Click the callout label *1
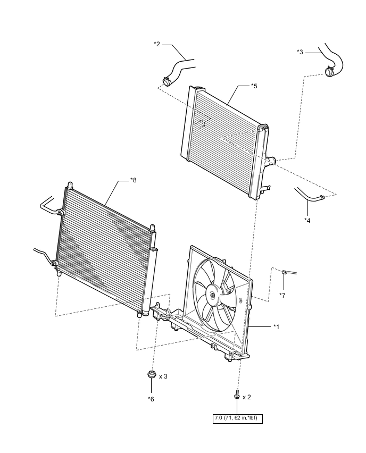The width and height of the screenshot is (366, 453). pyautogui.click(x=277, y=326)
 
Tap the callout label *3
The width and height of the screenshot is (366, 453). pyautogui.click(x=300, y=52)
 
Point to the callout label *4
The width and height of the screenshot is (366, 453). pyautogui.click(x=307, y=220)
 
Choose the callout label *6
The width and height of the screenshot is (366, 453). pyautogui.click(x=151, y=398)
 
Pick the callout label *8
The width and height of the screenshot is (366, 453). pyautogui.click(x=134, y=180)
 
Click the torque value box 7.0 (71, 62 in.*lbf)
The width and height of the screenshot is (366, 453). pyautogui.click(x=237, y=418)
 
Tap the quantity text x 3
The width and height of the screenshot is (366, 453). pyautogui.click(x=164, y=376)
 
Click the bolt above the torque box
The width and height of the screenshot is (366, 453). pyautogui.click(x=236, y=396)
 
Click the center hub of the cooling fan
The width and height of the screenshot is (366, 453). pyautogui.click(x=213, y=296)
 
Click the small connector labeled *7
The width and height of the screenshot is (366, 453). pyautogui.click(x=286, y=273)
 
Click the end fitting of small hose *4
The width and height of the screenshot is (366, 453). pyautogui.click(x=322, y=198)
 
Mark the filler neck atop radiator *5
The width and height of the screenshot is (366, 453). pyautogui.click(x=199, y=88)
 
